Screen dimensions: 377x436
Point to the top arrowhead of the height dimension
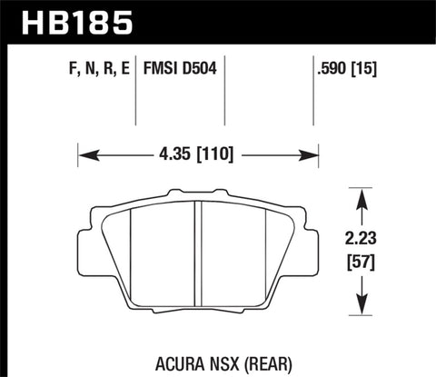(x=363, y=193)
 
